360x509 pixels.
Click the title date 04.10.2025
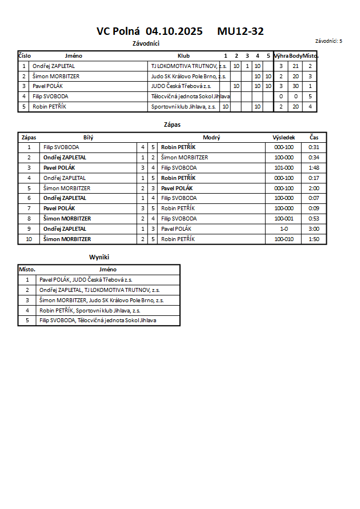[174, 32]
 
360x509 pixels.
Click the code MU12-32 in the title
[240, 32]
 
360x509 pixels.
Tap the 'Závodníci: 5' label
[329, 41]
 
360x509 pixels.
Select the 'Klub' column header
[183, 56]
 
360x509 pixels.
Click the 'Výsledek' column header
[283, 138]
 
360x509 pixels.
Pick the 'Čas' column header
[314, 138]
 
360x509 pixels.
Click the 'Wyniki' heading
[99, 258]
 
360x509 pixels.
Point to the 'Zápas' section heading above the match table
[172, 124]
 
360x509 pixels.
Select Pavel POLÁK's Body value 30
[295, 86]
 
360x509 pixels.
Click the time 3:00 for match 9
[314, 229]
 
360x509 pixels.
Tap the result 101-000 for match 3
[283, 168]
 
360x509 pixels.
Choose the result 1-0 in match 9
[283, 229]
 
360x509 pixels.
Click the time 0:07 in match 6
[314, 198]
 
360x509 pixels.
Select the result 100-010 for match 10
[283, 239]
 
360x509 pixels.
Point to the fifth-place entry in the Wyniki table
[98, 320]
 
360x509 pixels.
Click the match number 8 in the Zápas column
[29, 219]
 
